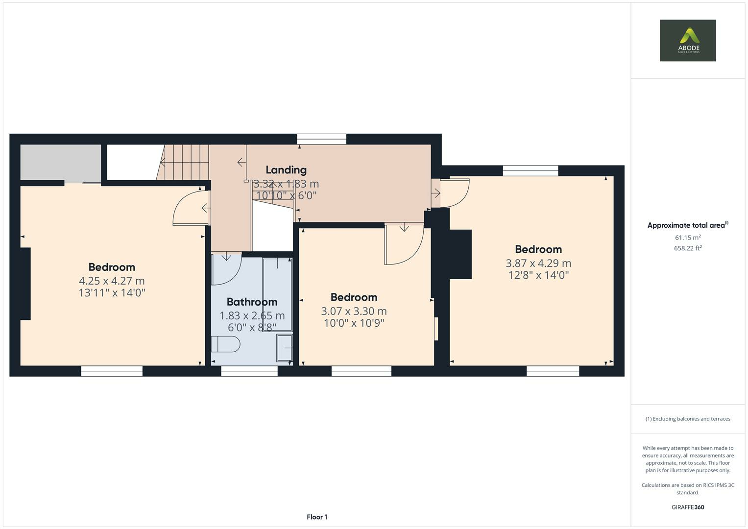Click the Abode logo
click(687, 40)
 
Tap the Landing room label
click(286, 170)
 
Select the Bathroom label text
click(252, 302)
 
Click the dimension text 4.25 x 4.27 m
click(112, 281)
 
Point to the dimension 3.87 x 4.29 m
click(538, 263)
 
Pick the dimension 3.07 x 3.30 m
click(354, 311)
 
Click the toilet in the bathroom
click(226, 344)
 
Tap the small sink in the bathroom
click(284, 348)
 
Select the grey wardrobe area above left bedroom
click(60, 162)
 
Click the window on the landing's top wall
click(321, 140)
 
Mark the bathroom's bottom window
click(249, 372)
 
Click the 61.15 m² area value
click(688, 238)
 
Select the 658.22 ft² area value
click(688, 248)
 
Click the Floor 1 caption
click(317, 517)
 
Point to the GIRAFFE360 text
click(688, 507)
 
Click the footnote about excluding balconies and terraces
click(688, 419)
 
